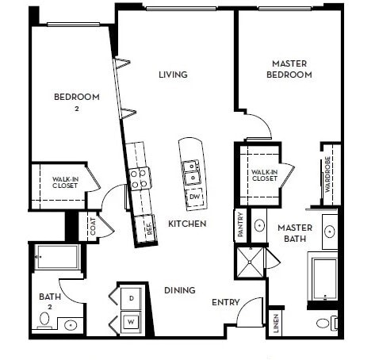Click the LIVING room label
(x=172, y=75)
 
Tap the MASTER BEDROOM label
(x=291, y=69)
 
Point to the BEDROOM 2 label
(x=76, y=101)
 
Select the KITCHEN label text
(x=187, y=224)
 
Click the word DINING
(x=180, y=291)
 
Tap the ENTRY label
(x=225, y=303)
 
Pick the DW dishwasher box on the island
(x=194, y=196)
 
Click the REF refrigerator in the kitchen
(x=147, y=229)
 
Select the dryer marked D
(x=131, y=297)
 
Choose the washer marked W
(x=131, y=323)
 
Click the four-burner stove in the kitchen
(x=140, y=179)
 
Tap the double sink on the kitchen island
(x=190, y=167)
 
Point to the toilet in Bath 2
(x=44, y=321)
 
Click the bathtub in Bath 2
(x=56, y=257)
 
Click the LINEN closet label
(x=274, y=324)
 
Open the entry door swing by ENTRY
(x=249, y=311)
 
